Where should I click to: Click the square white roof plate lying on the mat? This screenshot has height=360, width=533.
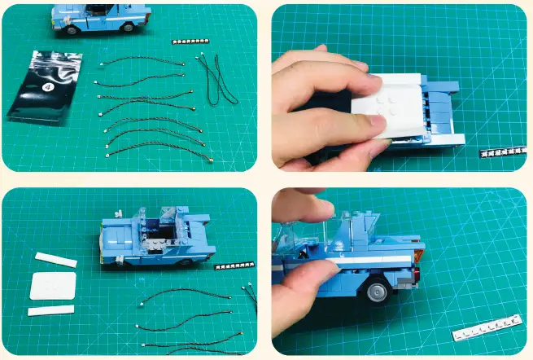click(x=55, y=286)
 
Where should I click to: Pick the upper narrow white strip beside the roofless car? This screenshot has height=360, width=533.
click(x=56, y=260)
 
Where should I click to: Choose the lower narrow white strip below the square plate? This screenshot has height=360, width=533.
click(x=50, y=310)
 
